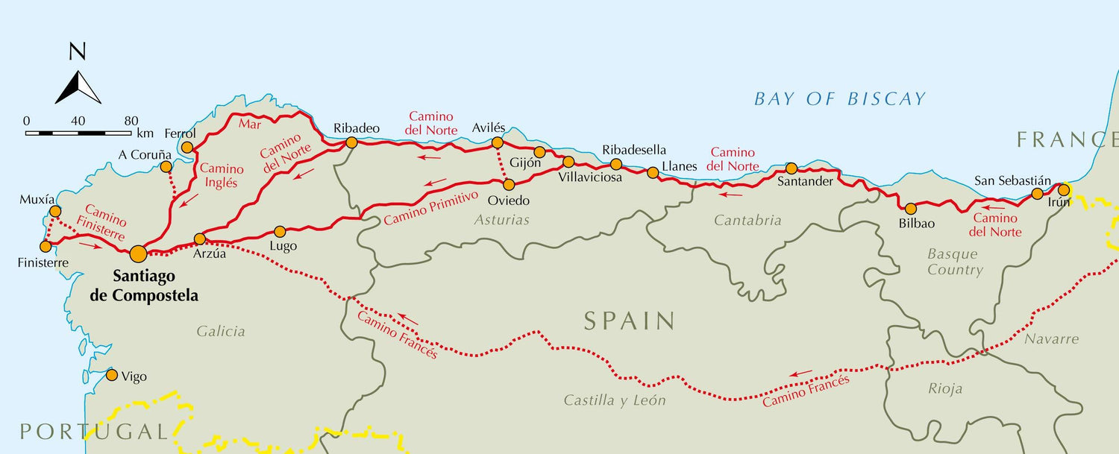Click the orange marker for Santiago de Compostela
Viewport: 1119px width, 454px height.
coord(138,254)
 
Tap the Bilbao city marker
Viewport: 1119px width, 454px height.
coord(910,208)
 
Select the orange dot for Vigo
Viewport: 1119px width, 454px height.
coord(112,375)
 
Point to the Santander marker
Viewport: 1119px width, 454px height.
coord(792,168)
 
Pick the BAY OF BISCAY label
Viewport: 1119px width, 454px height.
coord(839,99)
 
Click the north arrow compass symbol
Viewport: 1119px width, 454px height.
coord(78,86)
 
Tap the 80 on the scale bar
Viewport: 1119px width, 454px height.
coord(131,121)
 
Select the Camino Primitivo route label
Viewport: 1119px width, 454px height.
coord(430,208)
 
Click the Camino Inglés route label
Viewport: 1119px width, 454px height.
coord(222,175)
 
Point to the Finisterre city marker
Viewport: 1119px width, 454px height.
coord(46,246)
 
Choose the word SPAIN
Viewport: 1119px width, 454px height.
coord(630,321)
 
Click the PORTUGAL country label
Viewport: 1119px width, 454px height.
coord(93,431)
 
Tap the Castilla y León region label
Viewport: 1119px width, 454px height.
coord(614,400)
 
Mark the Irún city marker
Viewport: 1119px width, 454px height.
coord(1064,190)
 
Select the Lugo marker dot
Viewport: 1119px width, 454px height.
coord(280,232)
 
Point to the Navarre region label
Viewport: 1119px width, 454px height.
coord(1051,339)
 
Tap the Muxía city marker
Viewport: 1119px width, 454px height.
coord(54,212)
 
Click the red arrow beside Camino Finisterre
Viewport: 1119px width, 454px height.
coord(89,244)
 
